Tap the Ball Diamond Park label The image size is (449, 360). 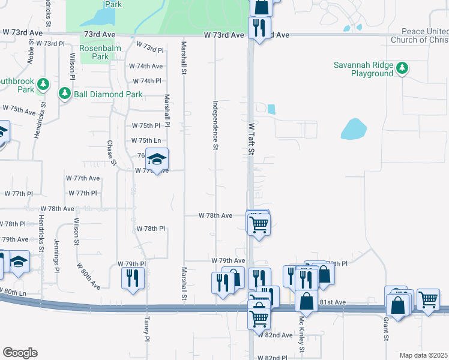pos(109,94)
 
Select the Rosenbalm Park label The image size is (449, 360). pos(94,57)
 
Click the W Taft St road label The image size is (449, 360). pos(252,139)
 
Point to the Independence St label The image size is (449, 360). pos(214,125)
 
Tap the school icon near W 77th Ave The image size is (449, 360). pos(157,159)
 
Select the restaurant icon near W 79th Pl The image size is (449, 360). pos(132,278)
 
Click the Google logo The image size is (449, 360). pos(20,352)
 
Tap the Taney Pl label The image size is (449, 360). pos(146,326)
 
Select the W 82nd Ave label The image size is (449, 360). pos(275,335)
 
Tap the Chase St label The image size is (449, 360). pos(110,155)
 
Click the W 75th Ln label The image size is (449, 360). pos(146,140)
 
